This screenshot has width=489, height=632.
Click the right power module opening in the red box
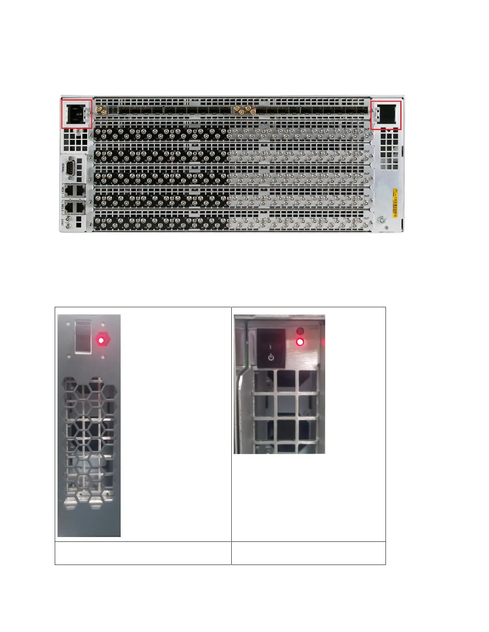[x=387, y=115]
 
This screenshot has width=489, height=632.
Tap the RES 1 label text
[x=63, y=190]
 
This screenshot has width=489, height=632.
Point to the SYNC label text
[x=63, y=222]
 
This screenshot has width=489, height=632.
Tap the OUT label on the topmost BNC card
[x=367, y=129]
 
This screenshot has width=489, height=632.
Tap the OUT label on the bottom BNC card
[x=367, y=219]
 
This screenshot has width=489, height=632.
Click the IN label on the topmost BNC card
[x=95, y=138]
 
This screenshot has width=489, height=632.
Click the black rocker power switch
[x=271, y=348]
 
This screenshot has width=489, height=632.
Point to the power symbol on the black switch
[x=271, y=357]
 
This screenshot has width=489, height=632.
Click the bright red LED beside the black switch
[x=300, y=342]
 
